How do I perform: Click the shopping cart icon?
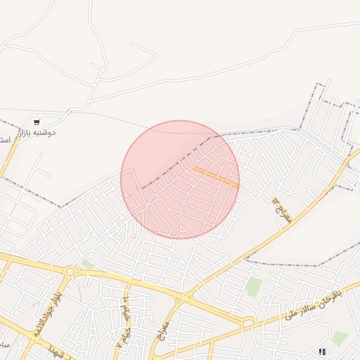point(37,122)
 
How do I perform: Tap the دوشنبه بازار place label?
point(37,132)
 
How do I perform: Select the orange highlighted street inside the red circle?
point(216,176)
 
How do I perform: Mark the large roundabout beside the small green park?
point(70,271)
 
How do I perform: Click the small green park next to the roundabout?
point(86,264)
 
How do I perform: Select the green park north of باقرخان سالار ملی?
point(254,286)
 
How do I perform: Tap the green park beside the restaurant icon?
point(340,338)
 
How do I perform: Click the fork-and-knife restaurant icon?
point(322,352)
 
